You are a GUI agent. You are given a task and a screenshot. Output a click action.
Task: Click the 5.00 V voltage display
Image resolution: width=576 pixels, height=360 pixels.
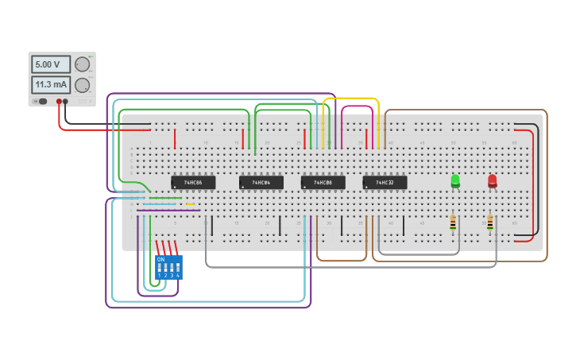[x=50, y=64]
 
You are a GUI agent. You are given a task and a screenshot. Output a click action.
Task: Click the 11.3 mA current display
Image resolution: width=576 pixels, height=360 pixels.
[x=50, y=84]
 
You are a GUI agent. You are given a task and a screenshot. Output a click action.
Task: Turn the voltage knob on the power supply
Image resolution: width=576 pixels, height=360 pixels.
[x=82, y=64]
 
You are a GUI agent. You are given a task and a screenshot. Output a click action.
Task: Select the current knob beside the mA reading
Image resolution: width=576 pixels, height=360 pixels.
[x=82, y=84]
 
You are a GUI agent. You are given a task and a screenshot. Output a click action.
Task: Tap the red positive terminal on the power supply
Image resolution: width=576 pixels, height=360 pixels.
[x=59, y=102]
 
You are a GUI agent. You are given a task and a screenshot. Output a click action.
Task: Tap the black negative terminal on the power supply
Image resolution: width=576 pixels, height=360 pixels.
[x=65, y=102]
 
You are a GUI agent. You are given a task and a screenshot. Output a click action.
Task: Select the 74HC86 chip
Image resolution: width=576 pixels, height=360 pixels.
[x=193, y=183]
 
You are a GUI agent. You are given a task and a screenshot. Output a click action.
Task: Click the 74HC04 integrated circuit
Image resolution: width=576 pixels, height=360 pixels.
[x=261, y=183]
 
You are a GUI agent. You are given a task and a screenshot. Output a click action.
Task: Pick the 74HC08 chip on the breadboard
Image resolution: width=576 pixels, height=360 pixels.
[x=323, y=183]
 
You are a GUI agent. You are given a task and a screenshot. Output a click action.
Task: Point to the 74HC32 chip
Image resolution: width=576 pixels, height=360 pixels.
[x=385, y=183]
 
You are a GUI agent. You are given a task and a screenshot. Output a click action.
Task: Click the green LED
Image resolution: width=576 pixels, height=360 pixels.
[x=455, y=180]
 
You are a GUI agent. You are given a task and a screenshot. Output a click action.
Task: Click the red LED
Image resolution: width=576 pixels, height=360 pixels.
[x=492, y=180]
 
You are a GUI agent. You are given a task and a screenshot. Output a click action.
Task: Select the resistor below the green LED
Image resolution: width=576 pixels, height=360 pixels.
[x=453, y=224]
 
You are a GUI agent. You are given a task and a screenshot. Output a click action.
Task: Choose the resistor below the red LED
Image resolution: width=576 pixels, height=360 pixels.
[x=490, y=224]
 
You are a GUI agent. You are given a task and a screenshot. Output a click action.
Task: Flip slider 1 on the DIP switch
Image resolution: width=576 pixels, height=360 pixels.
[x=160, y=269]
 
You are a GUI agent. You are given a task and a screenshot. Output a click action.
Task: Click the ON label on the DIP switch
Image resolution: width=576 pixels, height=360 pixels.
[x=161, y=259]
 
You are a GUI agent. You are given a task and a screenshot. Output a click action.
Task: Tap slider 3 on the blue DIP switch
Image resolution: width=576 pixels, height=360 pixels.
[x=172, y=269]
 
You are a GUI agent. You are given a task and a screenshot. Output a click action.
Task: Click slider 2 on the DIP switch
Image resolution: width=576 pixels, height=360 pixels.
[x=165, y=269]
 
